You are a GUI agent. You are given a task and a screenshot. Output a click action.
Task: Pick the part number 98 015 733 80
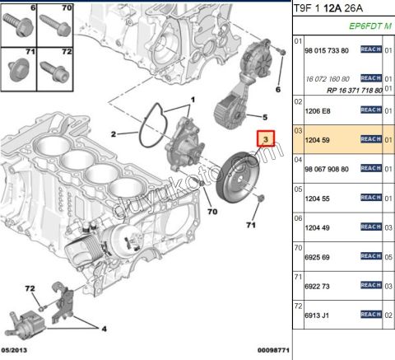(328, 50)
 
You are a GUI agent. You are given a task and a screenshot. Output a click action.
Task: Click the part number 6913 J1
(316, 313)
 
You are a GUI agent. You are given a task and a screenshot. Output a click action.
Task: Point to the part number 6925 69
(316, 257)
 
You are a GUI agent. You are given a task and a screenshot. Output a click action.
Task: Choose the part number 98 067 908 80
(328, 169)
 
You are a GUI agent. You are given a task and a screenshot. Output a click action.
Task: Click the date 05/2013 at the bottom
(16, 350)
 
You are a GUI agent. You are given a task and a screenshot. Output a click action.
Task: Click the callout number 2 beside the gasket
(114, 133)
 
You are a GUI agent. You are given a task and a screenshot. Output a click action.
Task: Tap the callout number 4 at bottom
(104, 328)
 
